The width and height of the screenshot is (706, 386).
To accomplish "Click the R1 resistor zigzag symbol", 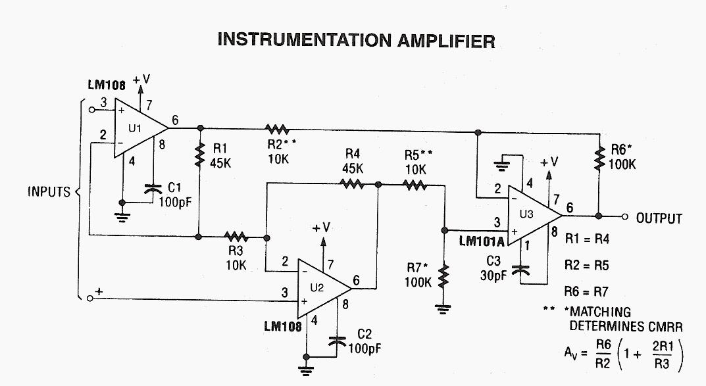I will [x=199, y=155].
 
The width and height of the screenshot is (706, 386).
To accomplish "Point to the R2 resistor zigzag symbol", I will [x=277, y=128].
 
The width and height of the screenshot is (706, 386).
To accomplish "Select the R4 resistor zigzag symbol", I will [x=352, y=185].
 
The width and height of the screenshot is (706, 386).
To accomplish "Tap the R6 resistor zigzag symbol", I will [x=599, y=158].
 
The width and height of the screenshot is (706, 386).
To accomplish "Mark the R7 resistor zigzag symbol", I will [x=444, y=276].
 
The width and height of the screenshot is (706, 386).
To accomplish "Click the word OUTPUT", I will [x=659, y=218].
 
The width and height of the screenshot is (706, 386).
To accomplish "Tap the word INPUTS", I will [x=49, y=193].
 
